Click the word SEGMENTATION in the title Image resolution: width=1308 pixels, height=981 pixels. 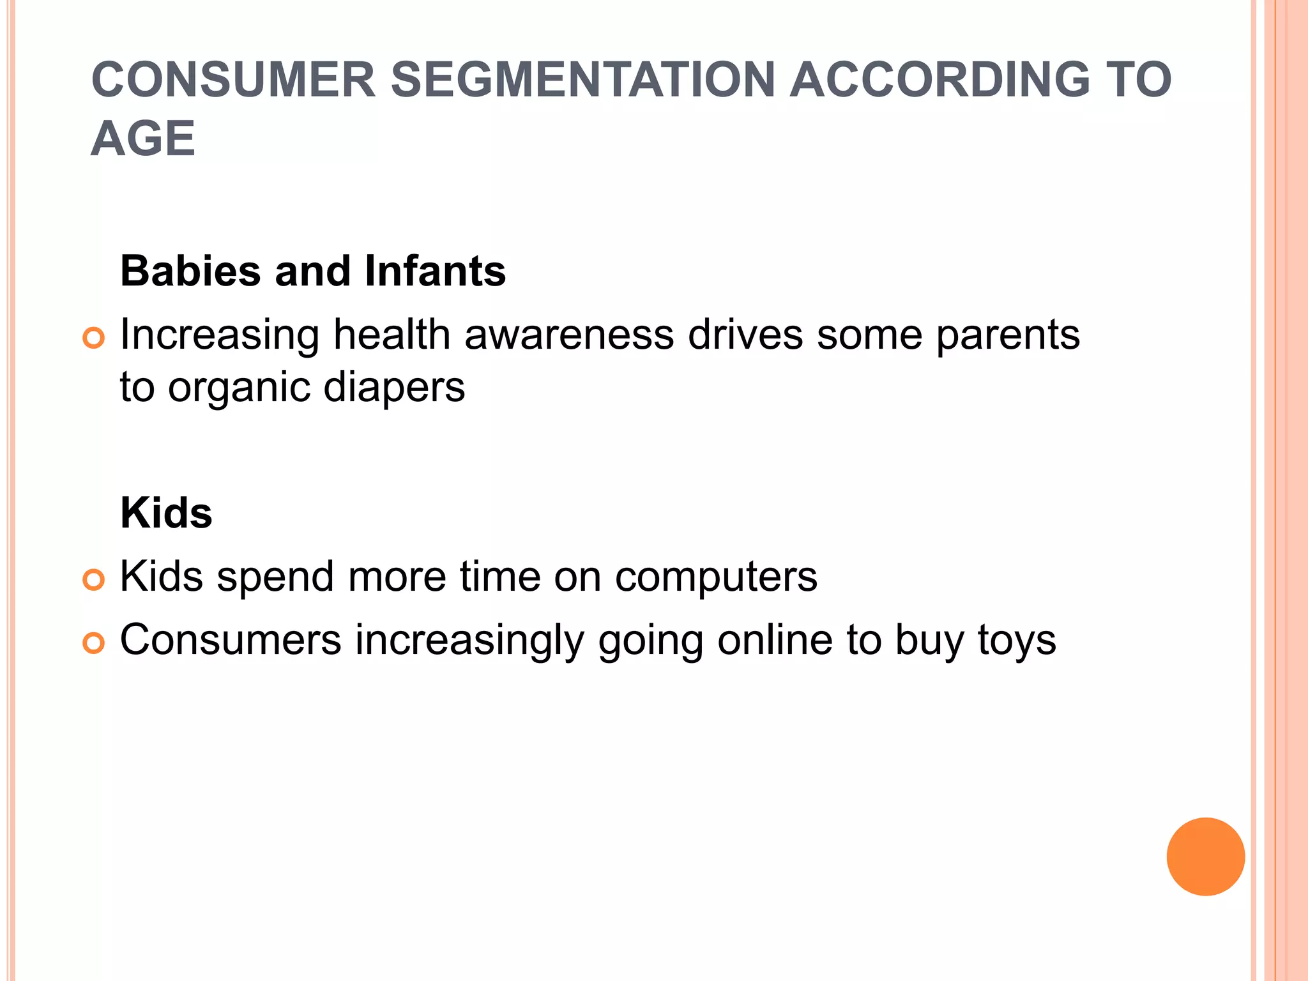[x=582, y=80]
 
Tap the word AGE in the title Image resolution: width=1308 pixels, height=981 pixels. [x=143, y=139]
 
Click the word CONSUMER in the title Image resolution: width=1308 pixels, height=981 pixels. [x=234, y=80]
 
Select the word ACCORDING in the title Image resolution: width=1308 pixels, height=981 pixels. [x=940, y=80]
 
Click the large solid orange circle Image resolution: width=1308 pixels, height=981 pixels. [x=1205, y=856]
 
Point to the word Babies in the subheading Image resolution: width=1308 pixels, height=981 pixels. [x=190, y=271]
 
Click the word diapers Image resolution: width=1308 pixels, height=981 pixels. [x=394, y=387]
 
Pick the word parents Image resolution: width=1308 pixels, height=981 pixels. [x=1008, y=336]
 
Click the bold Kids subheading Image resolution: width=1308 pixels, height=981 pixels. [x=166, y=513]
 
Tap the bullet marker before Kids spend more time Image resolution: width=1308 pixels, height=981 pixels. [x=94, y=580]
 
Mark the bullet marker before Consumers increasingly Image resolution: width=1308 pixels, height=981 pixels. [x=94, y=643]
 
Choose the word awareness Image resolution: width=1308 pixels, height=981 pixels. [x=569, y=335]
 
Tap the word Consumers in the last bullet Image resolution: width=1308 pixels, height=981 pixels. [x=231, y=640]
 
